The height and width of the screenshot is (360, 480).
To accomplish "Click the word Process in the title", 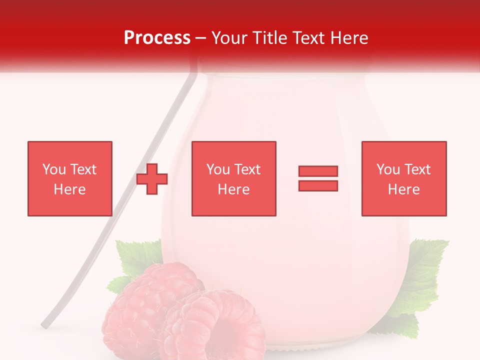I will point(157,38).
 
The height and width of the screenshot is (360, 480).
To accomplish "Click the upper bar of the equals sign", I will point(318,171).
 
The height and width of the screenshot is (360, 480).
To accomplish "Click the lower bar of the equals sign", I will point(318,186).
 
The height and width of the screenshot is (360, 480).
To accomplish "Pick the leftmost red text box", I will point(70,178).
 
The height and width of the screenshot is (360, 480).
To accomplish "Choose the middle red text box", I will point(234,178).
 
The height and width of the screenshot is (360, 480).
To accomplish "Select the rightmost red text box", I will point(404,178).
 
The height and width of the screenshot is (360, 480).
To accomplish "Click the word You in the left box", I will point(53,169).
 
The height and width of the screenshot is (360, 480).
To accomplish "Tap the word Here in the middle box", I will point(234,189).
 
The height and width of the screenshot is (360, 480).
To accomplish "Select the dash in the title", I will point(201,38).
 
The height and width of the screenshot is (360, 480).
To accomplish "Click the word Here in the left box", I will point(70,189).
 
